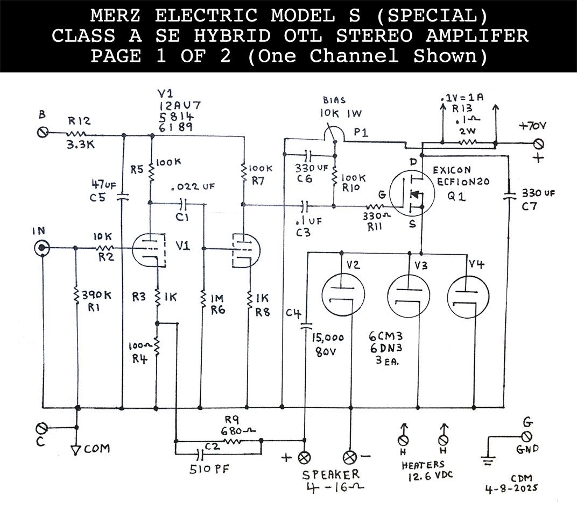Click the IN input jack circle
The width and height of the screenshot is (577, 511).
click(x=42, y=248)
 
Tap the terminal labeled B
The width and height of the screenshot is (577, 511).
click(x=42, y=132)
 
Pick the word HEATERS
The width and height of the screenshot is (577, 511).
click(x=423, y=464)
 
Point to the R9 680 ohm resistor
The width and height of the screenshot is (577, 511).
click(x=233, y=441)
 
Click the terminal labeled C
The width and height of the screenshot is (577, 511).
click(x=42, y=428)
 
